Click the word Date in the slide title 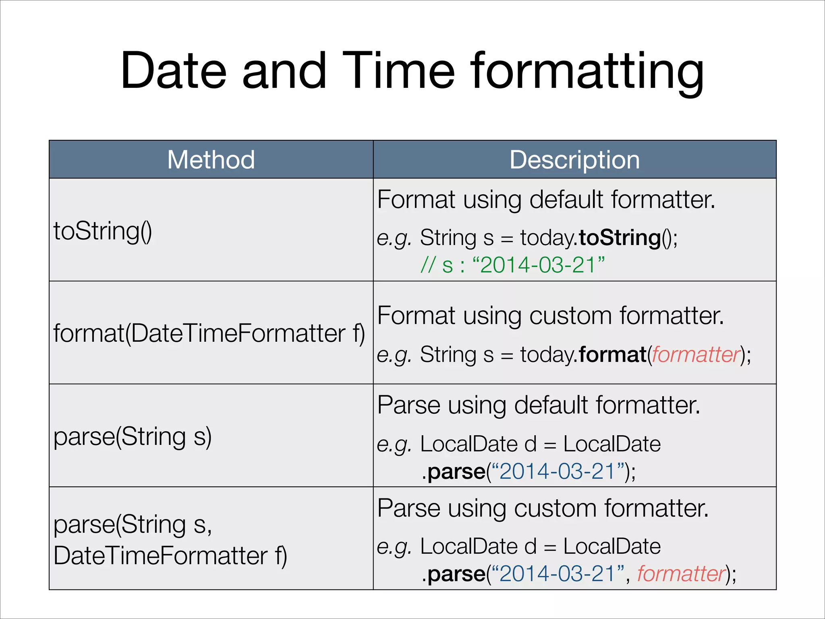174,71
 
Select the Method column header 211,160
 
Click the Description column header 574,160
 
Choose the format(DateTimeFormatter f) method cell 209,333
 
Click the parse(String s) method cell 133,436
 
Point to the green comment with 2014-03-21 512,265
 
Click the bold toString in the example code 620,237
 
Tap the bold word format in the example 612,355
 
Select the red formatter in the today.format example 696,355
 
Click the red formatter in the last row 681,573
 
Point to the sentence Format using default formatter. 546,199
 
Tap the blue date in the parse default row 557,471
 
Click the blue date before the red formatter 557,573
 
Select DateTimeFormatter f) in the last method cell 170,556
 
